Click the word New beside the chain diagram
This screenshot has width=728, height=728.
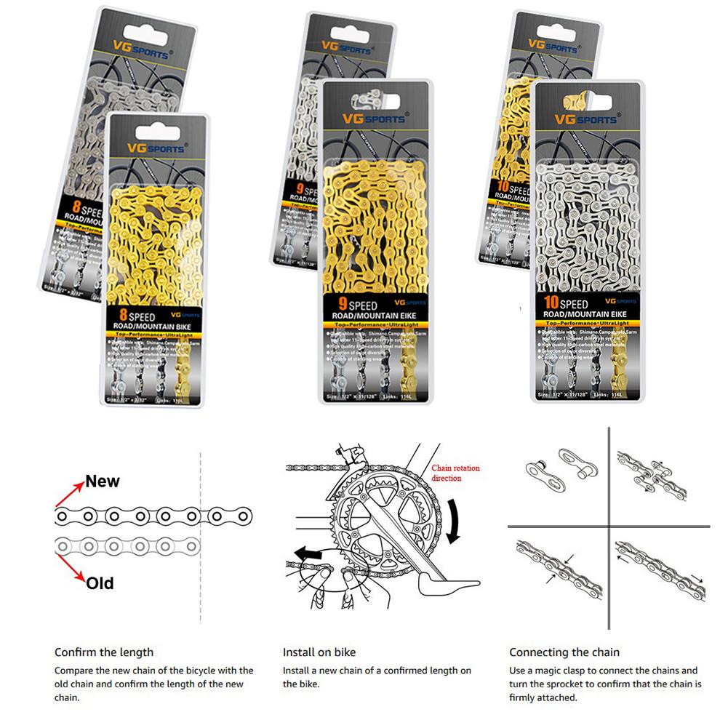103,481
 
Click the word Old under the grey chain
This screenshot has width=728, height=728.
100,583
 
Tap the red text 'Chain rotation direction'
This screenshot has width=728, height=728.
456,473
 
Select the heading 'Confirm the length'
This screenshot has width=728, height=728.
104,652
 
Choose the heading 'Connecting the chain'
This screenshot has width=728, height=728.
564,652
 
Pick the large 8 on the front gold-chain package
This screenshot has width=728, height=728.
119,314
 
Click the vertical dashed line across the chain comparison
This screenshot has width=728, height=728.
200,538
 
